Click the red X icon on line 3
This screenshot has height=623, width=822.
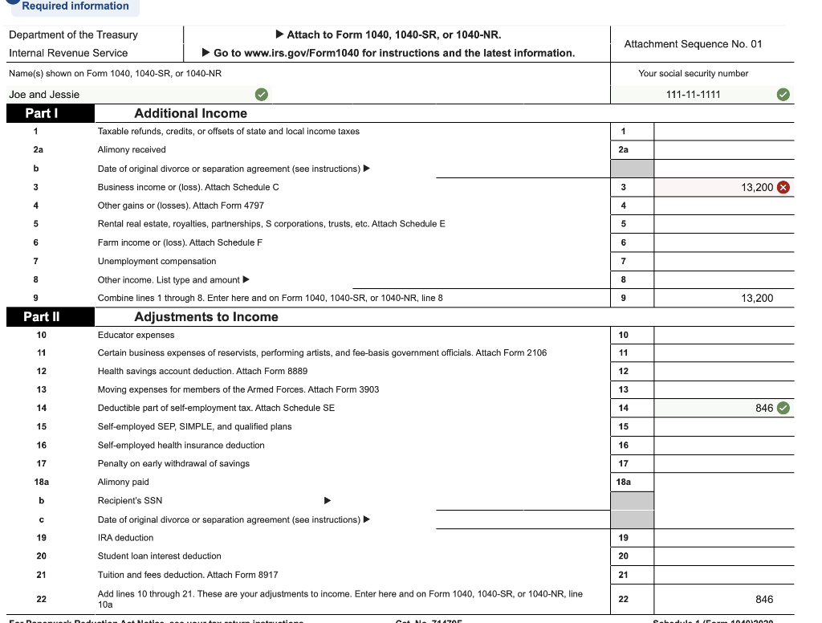click(x=784, y=187)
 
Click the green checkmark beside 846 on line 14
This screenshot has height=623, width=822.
click(x=784, y=408)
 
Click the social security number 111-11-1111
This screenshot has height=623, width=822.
click(x=694, y=95)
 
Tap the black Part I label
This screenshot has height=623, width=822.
click(x=42, y=113)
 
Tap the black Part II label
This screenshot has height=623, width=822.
click(x=42, y=316)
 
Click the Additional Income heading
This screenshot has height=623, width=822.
click(x=190, y=114)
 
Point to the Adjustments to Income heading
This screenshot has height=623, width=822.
click(x=206, y=317)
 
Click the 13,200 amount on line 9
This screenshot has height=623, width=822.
click(x=757, y=298)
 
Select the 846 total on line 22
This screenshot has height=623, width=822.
click(x=764, y=599)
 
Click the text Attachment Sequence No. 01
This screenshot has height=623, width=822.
click(x=693, y=44)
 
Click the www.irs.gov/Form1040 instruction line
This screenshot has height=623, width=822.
click(x=393, y=53)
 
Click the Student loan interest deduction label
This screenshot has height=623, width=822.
click(x=159, y=556)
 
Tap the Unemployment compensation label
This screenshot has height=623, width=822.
click(x=157, y=261)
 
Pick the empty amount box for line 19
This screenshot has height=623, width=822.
click(x=723, y=538)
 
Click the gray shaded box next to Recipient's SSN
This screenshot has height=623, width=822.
click(x=632, y=500)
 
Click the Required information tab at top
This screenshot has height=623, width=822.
click(x=75, y=6)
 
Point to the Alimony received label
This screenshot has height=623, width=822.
click(x=132, y=149)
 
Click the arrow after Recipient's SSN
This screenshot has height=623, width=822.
click(x=327, y=501)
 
